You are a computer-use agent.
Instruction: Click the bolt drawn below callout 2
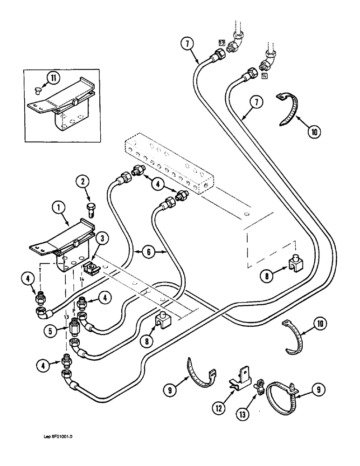click(x=90, y=207)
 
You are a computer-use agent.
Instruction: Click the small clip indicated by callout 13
click(x=257, y=384)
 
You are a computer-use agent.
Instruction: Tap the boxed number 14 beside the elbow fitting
click(x=264, y=76)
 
